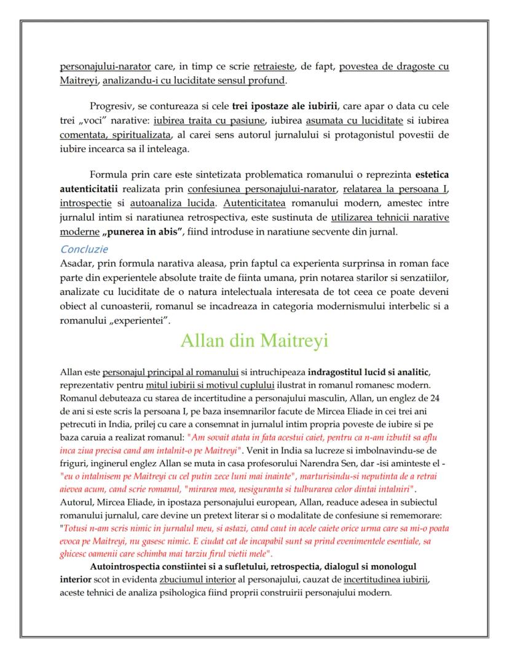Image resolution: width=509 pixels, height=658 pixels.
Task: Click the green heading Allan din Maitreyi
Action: tap(254, 340)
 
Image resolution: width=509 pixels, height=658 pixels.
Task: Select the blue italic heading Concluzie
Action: tap(84, 249)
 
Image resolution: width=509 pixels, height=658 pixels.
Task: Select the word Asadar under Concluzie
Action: tap(76, 262)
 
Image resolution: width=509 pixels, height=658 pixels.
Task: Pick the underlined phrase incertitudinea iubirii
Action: tap(385, 579)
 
